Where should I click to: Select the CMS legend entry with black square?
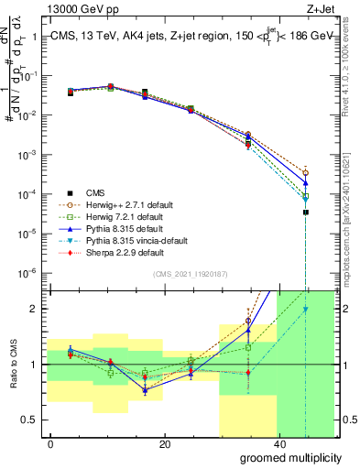[95, 192]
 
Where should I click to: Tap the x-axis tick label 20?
[164, 444]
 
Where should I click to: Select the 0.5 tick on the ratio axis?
[30, 420]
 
